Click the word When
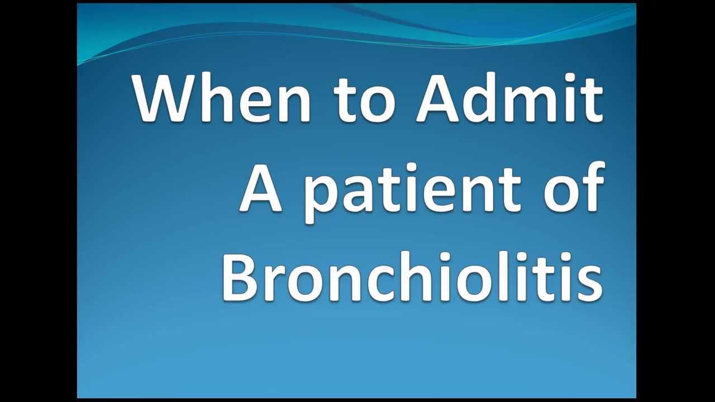pos(221,98)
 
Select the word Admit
pos(509,98)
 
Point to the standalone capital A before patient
pos(260,188)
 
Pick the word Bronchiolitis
pos(412,277)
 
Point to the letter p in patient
pos(322,195)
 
